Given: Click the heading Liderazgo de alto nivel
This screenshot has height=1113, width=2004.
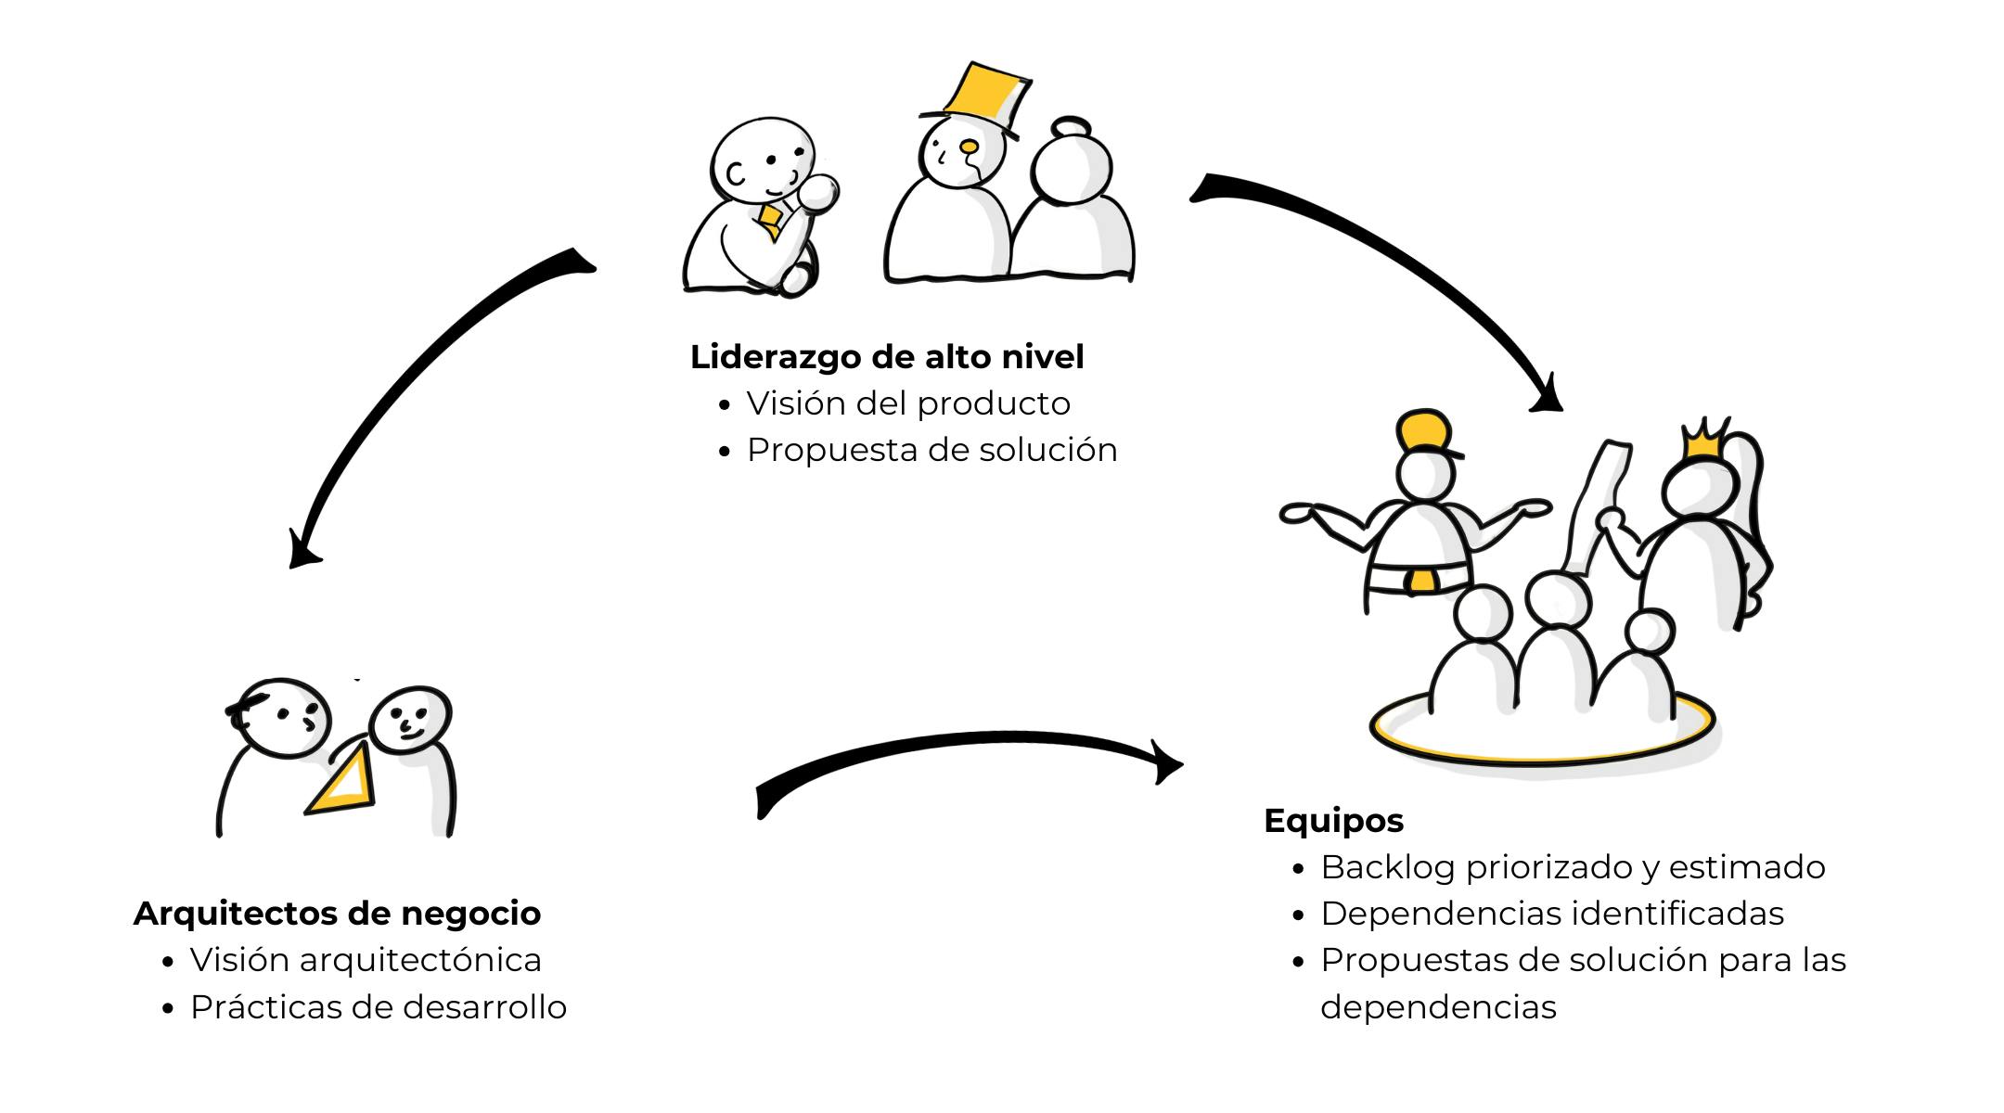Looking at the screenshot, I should (887, 357).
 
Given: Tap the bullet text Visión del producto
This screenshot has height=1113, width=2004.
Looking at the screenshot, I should (908, 403).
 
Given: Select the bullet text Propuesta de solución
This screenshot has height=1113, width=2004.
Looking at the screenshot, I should (931, 450).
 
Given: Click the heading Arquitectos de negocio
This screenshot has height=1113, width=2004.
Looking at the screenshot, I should (337, 914).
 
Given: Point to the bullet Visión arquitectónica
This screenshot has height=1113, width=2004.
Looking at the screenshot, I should (366, 960).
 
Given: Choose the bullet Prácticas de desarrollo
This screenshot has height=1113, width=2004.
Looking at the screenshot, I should (379, 1007).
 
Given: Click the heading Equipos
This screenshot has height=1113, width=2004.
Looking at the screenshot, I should (1333, 821).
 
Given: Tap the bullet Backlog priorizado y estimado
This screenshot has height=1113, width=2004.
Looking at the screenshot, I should (1573, 867).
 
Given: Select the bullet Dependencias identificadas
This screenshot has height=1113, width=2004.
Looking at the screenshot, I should (1552, 914).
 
